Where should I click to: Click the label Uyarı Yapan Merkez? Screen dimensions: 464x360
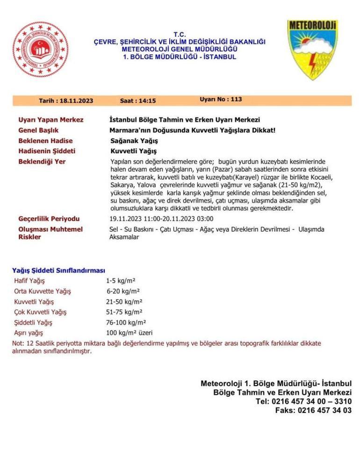pyautogui.click(x=50, y=120)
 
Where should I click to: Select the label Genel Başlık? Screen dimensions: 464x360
pyautogui.click(x=42, y=130)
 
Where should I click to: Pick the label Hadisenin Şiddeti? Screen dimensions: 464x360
pyautogui.click(x=46, y=151)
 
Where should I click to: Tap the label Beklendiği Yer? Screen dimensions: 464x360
pyautogui.click(x=42, y=161)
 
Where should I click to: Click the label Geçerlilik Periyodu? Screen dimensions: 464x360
pyautogui.click(x=49, y=219)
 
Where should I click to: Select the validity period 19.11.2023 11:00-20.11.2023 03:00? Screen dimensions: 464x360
pyautogui.click(x=161, y=219)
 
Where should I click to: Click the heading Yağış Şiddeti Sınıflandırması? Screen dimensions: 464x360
pyautogui.click(x=58, y=271)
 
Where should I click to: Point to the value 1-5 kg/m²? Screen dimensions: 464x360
pyautogui.click(x=121, y=281)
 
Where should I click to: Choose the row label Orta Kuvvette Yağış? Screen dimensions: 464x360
pyautogui.click(x=43, y=291)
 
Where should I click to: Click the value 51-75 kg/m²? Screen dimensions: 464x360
pyautogui.click(x=124, y=312)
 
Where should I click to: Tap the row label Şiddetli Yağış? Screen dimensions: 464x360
pyautogui.click(x=33, y=322)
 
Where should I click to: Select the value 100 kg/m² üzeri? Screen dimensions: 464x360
pyautogui.click(x=129, y=333)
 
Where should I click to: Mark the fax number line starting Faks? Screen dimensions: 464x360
pyautogui.click(x=313, y=410)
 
